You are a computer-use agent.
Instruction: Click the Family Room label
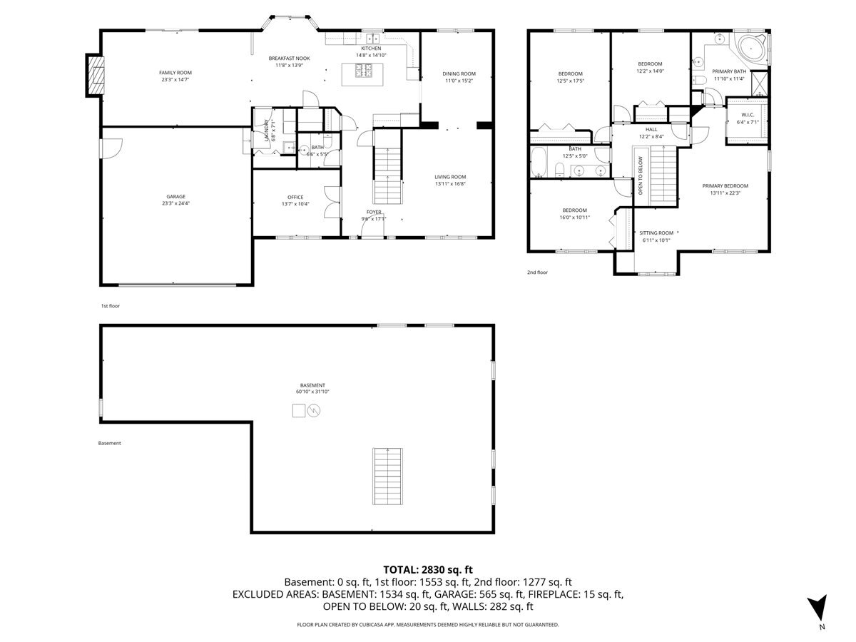coord(175,73)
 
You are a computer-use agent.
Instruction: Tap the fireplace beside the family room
coord(95,75)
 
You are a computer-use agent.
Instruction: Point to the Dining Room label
coord(459,73)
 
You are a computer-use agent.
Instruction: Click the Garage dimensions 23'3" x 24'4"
coord(175,203)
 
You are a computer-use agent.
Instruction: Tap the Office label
coord(295,198)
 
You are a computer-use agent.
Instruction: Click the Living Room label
coord(450,177)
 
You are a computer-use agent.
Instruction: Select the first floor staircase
coord(387,167)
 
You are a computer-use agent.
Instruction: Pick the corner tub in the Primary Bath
coord(751,49)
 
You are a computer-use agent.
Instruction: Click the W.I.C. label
coord(747,115)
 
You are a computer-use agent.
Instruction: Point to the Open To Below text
coord(641,175)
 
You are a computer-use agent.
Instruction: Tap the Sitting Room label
coord(656,233)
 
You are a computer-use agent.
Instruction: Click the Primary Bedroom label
coord(725,186)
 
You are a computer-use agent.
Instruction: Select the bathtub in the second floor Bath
coord(539,162)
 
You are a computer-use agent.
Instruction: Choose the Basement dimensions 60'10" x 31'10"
coord(312,392)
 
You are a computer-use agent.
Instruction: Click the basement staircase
coord(387,477)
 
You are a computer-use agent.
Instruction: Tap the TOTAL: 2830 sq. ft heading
coord(428,569)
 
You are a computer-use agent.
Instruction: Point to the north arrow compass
coord(817,610)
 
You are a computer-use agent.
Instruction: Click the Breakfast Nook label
coord(289,58)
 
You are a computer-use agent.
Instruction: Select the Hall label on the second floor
coord(651,129)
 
